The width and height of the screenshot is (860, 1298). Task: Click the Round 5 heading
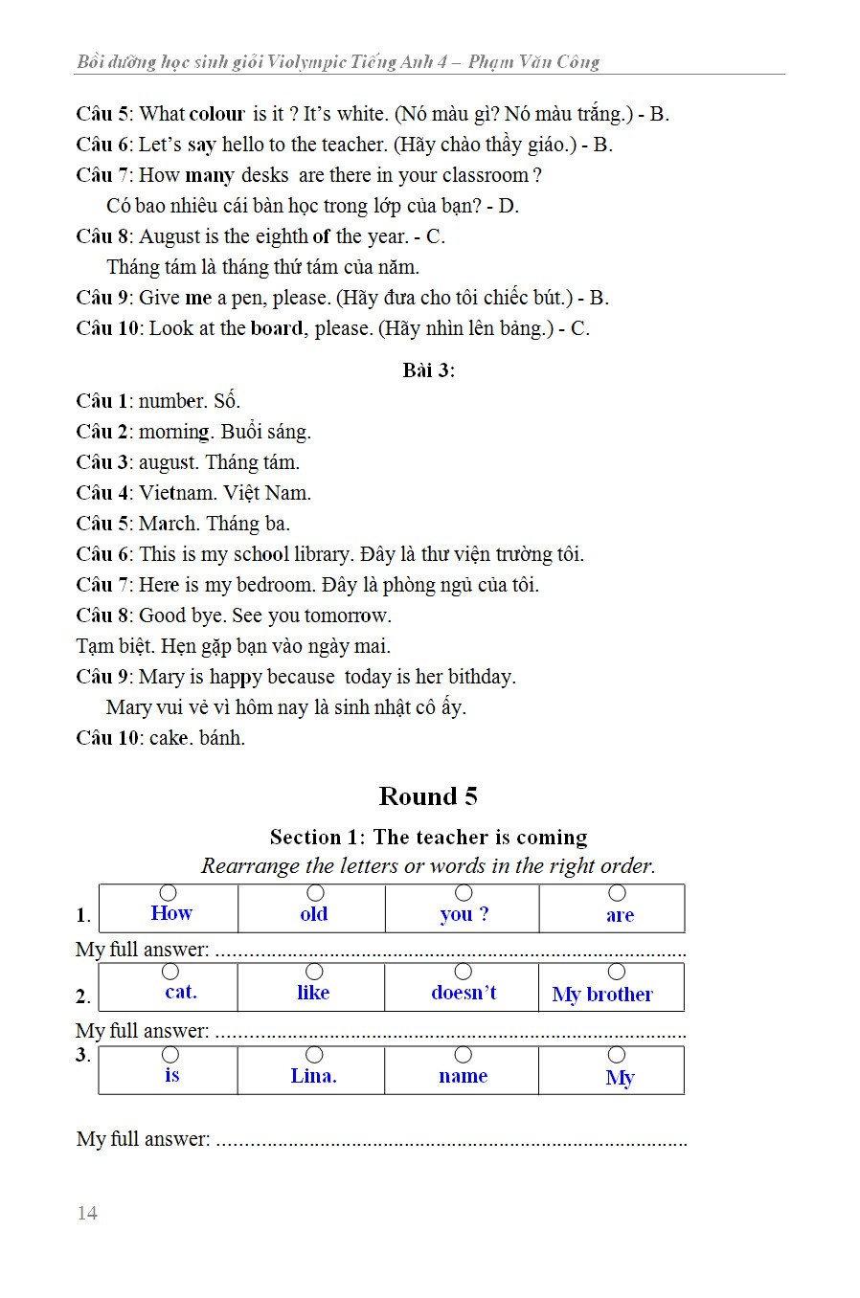(428, 796)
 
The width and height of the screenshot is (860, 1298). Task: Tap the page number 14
(87, 1214)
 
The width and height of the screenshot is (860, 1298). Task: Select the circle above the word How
(168, 893)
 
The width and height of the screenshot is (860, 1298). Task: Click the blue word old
(313, 914)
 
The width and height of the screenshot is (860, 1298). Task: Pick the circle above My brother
(617, 973)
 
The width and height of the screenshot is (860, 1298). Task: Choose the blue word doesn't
(464, 993)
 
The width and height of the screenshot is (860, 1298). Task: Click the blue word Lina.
(313, 1076)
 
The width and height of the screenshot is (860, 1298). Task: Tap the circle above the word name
(464, 1055)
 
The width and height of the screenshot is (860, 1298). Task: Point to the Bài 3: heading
(428, 370)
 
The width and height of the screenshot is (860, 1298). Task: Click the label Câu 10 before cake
(107, 738)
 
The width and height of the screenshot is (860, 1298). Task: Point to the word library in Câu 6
(322, 554)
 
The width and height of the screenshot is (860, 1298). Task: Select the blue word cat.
(180, 992)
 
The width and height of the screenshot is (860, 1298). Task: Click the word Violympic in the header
(306, 62)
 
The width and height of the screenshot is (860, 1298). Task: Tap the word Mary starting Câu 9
(161, 677)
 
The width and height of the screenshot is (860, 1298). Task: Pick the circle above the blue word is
(170, 1054)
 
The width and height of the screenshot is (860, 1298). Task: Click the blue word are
(620, 915)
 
